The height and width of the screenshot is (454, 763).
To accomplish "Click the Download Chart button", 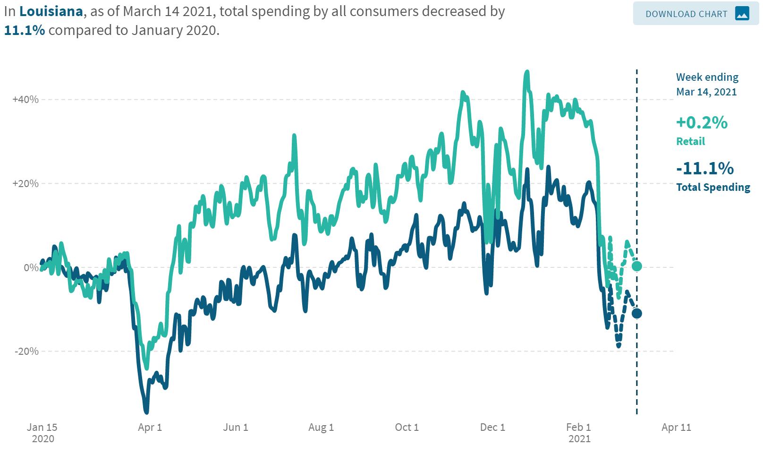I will [x=695, y=14].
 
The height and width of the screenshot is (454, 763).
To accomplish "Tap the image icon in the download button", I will [x=742, y=14].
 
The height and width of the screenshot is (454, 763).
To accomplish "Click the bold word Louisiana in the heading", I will [x=51, y=11].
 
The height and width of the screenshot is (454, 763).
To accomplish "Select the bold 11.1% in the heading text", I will [x=25, y=31].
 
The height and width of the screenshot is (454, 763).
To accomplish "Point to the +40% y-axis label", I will [x=25, y=100].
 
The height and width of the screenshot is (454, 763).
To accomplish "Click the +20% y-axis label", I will [x=25, y=184].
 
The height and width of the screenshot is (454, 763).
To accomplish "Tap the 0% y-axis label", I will [x=32, y=268].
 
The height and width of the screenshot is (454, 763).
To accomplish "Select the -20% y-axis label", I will [x=27, y=351].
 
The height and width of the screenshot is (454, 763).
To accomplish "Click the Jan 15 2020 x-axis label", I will [x=42, y=433].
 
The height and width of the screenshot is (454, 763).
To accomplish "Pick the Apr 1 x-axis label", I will [x=150, y=428].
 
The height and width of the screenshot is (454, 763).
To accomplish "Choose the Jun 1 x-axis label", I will [x=235, y=428].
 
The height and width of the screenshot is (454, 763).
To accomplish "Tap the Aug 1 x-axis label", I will [x=321, y=428].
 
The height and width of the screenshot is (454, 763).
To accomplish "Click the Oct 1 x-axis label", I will [x=407, y=428].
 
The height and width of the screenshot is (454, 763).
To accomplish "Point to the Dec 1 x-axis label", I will [x=492, y=428].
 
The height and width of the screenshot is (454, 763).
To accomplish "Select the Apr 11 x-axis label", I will [x=676, y=428].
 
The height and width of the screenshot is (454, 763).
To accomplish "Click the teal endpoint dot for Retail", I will [x=636, y=266].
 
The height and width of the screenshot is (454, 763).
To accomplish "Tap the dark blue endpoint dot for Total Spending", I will [x=636, y=313].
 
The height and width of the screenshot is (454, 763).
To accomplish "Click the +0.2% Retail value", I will [x=702, y=123].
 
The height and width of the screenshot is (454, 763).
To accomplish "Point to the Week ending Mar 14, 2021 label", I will [x=707, y=84].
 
